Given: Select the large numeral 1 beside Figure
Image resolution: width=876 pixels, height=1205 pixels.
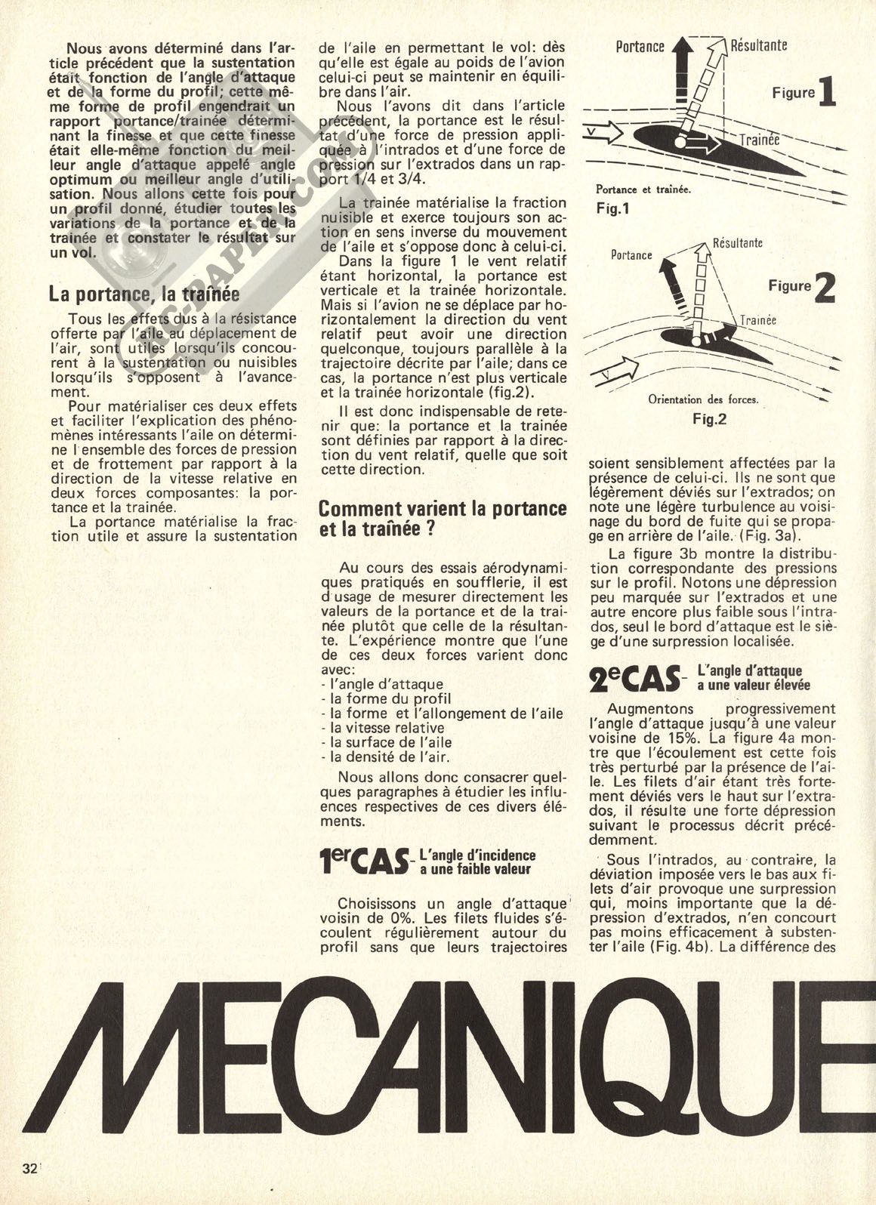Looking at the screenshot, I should [826, 93].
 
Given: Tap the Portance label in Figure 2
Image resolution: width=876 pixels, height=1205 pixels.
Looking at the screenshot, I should [631, 254].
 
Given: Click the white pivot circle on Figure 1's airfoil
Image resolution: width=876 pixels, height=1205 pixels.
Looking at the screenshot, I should [680, 141].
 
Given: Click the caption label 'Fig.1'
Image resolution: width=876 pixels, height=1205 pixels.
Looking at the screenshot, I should [612, 208].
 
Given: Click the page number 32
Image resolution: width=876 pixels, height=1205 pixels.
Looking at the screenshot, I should [30, 1168].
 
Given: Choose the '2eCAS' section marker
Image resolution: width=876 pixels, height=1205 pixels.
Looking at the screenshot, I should [634, 678].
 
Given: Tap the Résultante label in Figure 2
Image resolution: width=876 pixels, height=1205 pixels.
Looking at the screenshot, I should [737, 243].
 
